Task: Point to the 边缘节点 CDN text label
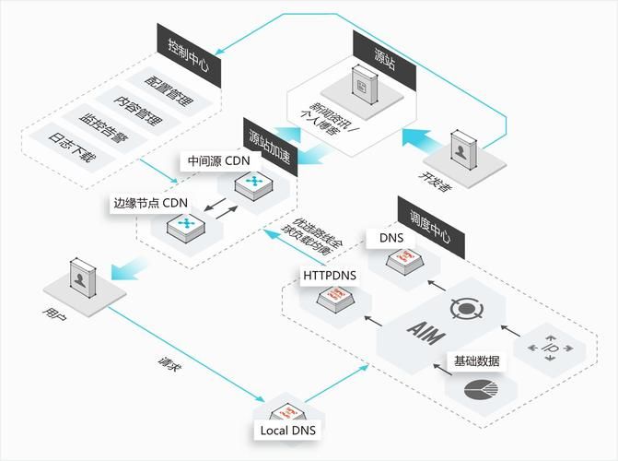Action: point(150,203)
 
